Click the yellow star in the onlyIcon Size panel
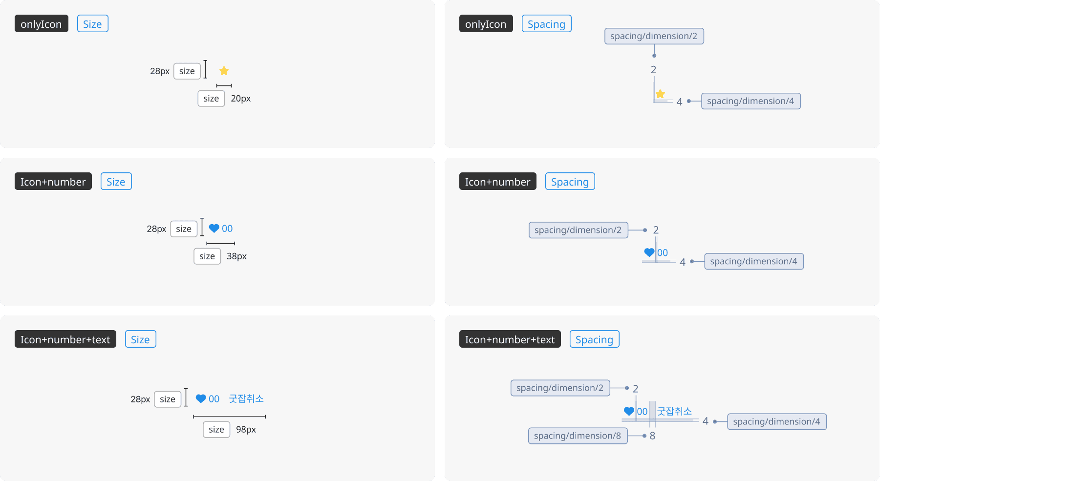coord(224,71)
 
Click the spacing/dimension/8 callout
coord(578,436)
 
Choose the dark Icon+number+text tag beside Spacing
coord(510,339)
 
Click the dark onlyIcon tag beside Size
coord(41,24)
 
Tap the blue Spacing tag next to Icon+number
coord(570,182)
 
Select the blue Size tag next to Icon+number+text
coord(140,339)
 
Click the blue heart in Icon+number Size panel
coord(214,228)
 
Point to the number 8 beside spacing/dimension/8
coord(652,436)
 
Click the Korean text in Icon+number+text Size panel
coord(246,398)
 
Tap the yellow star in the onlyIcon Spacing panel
coord(660,94)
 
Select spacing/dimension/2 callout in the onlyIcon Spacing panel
coord(654,36)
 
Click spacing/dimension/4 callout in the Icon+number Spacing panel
coord(753,261)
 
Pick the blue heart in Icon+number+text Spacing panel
coord(629,411)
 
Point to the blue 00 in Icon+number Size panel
coord(227,229)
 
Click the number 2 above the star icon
coord(653,70)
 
